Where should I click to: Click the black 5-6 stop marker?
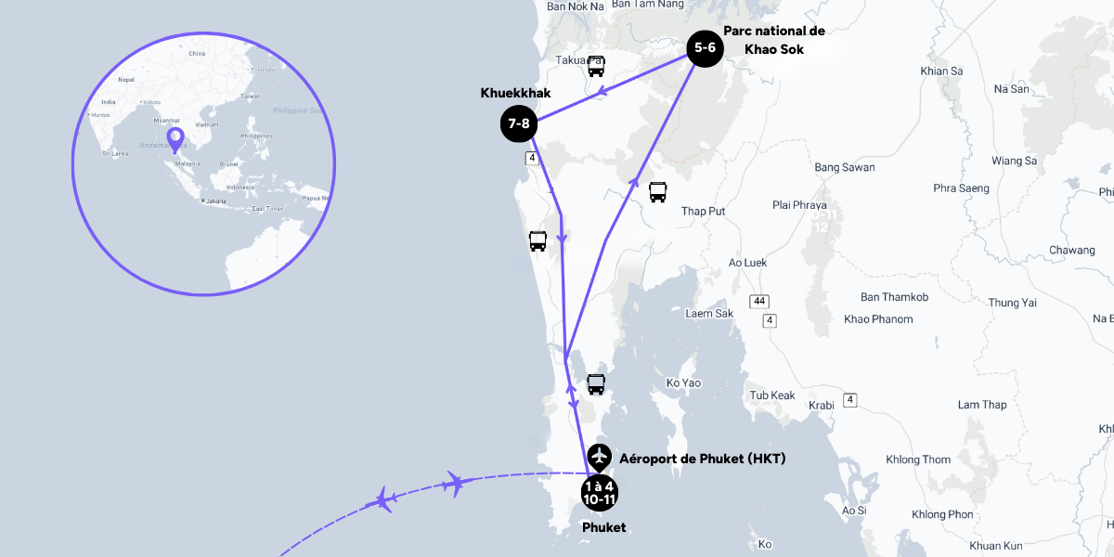point(706,48)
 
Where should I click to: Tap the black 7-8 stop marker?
point(520,123)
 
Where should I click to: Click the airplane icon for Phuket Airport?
point(600,458)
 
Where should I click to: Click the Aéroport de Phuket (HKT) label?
point(703,459)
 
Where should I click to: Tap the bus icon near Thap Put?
point(657,192)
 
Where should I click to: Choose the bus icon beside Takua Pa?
point(596,66)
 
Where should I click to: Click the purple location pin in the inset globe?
point(175,139)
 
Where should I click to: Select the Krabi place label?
point(822,405)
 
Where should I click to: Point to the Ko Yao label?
point(684,382)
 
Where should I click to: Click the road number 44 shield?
point(760,301)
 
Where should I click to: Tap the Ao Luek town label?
point(748,263)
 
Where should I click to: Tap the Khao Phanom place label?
point(878,319)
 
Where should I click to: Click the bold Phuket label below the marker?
point(603,527)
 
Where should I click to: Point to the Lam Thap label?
point(982,405)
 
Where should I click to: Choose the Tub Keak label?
point(772,395)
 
